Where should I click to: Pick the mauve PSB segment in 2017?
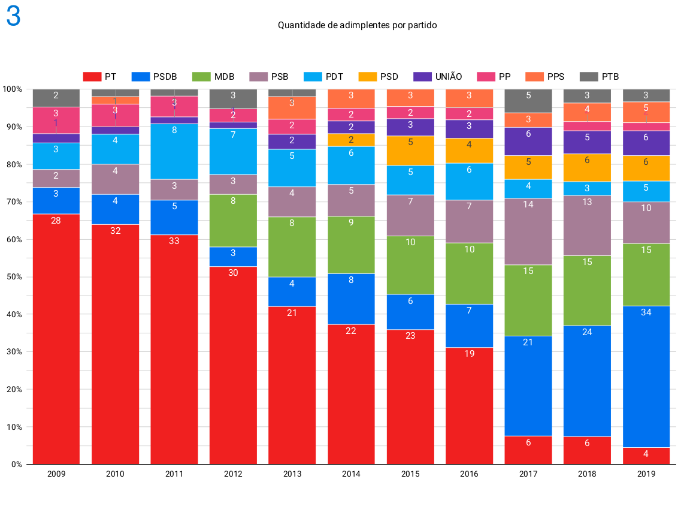point(528,231)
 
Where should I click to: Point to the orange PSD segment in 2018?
point(587,168)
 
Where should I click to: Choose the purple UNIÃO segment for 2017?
point(528,141)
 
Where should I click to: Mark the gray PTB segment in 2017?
point(528,101)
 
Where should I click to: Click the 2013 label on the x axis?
point(292,474)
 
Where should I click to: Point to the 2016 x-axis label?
point(469,474)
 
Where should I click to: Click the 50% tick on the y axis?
point(13,277)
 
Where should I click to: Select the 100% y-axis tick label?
point(13,89)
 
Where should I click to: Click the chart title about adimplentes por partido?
point(357,25)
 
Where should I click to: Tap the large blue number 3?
point(14,17)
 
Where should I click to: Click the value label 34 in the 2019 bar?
point(646,312)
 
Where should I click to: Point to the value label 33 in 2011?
point(174,241)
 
